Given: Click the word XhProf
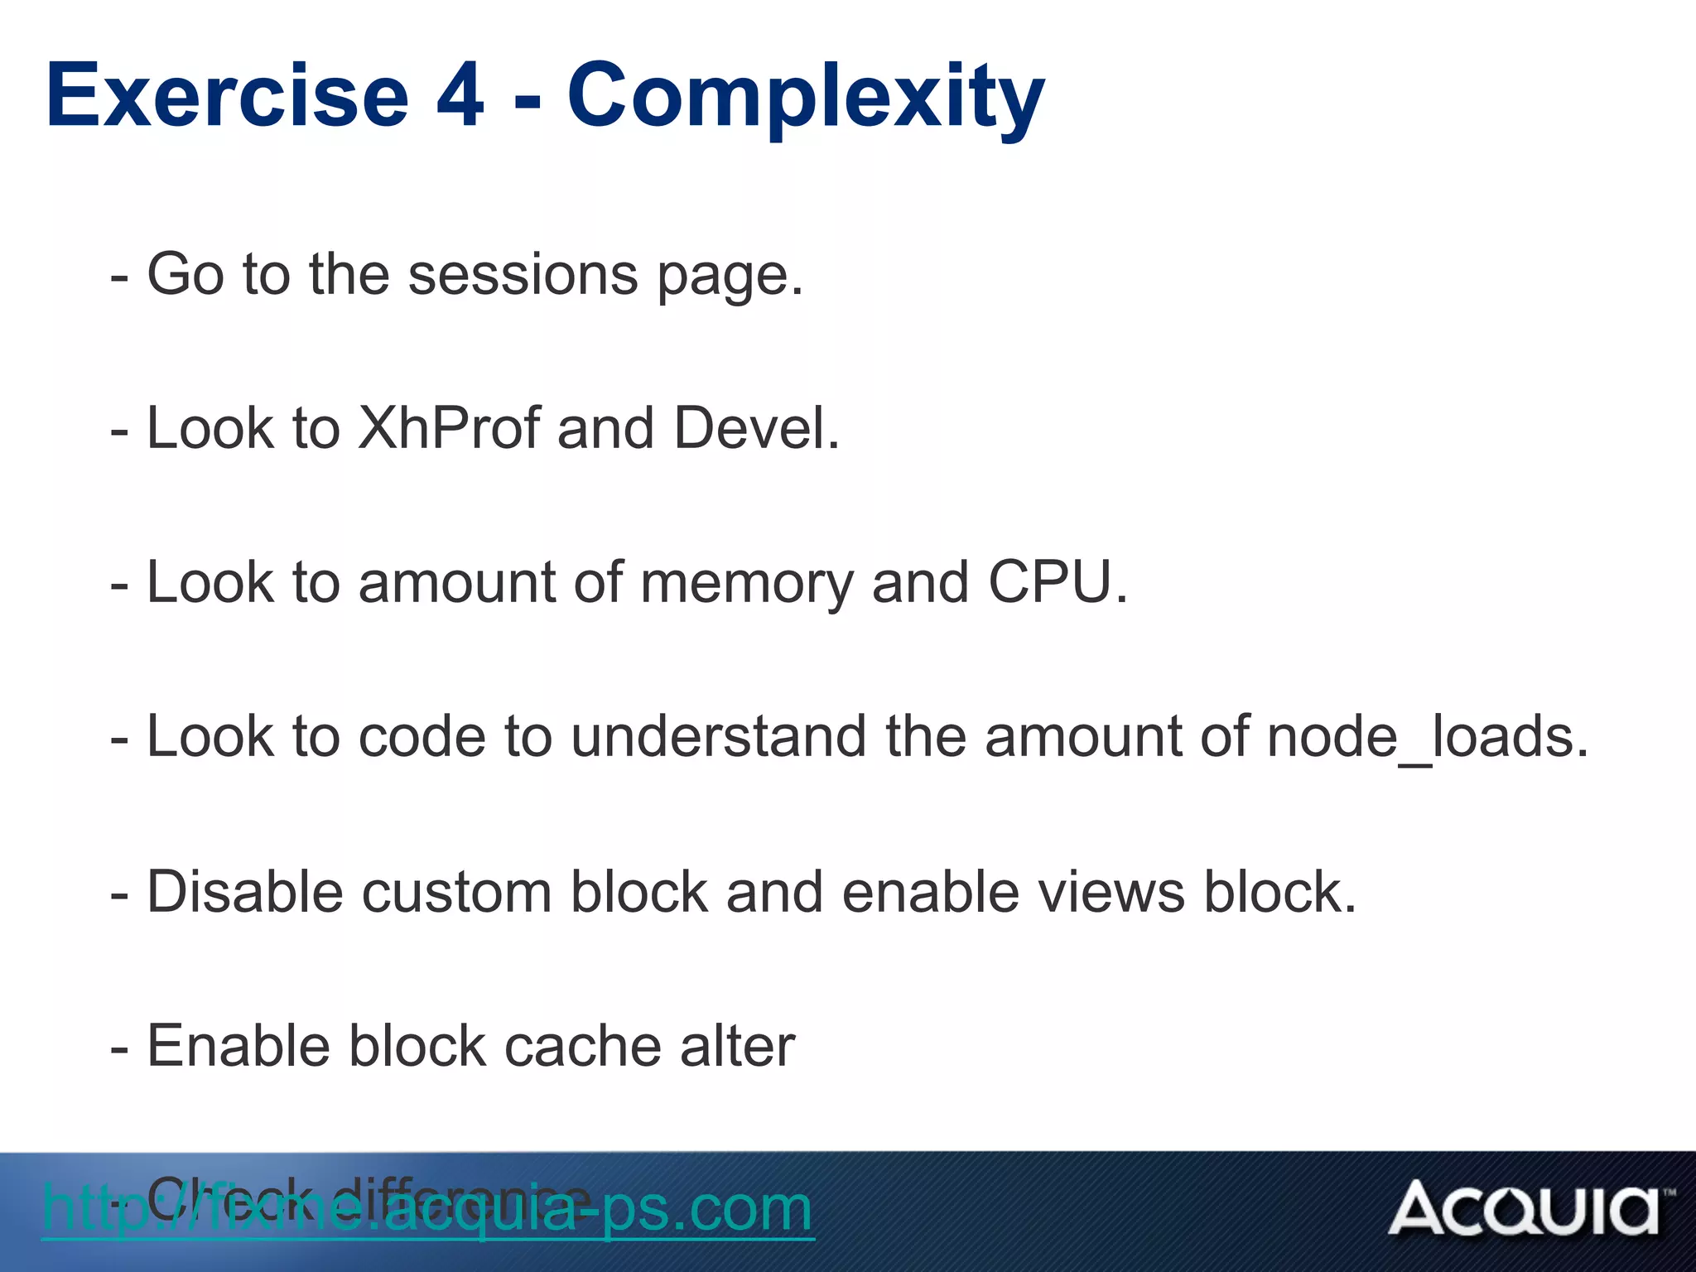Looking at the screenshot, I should click(448, 428).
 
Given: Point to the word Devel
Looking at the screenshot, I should click(755, 428).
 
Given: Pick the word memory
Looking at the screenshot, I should click(746, 583).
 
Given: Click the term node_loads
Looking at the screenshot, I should click(1427, 736).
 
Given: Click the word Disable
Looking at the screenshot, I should click(244, 892).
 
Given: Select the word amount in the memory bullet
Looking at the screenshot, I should click(456, 583).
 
